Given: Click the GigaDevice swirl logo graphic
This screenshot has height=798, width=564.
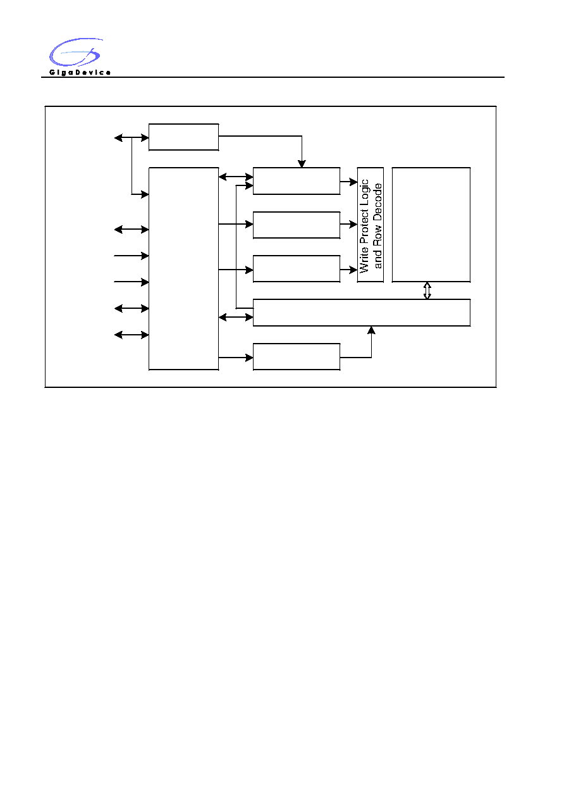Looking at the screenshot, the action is point(75,52).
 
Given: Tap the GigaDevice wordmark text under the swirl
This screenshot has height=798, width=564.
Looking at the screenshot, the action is point(80,72).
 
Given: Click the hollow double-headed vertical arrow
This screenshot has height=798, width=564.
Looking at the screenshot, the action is point(427,290).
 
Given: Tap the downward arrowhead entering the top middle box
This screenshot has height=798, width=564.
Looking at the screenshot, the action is point(302,164).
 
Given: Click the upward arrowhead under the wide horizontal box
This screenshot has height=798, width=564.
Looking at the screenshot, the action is point(371,330).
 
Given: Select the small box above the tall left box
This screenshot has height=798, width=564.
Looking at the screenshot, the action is point(183,137).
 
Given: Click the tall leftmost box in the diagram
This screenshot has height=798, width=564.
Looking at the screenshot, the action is point(183,268).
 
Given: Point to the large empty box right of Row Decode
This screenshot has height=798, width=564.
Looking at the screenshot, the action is point(431,225).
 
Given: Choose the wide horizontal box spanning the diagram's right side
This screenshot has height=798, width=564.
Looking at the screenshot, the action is point(362,313).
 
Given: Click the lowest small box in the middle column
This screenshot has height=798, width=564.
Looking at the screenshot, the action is point(297,357).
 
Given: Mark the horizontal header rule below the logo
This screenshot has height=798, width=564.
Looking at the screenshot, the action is point(273,77).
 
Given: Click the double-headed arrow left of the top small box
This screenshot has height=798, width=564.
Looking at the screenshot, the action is point(132,137).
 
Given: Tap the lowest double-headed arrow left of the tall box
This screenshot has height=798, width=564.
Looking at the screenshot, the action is point(132,335).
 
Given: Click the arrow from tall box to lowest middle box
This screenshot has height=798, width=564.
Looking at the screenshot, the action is point(236,358).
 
